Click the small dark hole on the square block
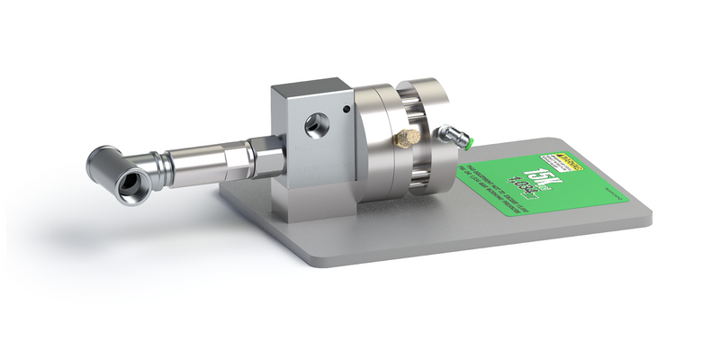pyautogui.click(x=346, y=111)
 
